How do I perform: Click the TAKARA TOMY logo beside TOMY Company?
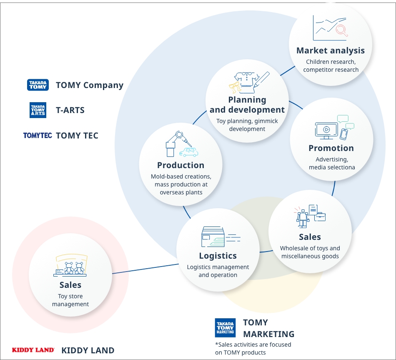pos(38,85)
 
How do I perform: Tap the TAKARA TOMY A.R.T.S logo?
pos(38,110)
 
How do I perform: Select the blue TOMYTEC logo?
pos(38,136)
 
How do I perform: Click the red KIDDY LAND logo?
pos(33,350)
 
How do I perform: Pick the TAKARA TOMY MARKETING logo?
pos(225,327)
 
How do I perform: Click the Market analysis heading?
pos(330,50)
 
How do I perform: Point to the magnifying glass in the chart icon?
pos(342,30)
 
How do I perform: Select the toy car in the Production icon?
pos(189,152)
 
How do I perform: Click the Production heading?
pos(180,165)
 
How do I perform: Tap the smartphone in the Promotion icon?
pos(343,134)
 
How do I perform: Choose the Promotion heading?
pos(331,148)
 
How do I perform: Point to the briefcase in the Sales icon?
pos(320,217)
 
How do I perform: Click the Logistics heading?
pos(218,256)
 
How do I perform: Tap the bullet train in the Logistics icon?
pos(216,242)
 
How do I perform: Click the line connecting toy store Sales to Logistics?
pos(145,269)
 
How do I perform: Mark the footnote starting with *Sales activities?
pos(253,348)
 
